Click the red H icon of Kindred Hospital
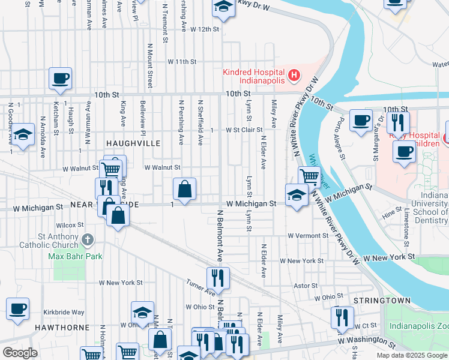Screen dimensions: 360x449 pyautogui.click(x=294, y=76)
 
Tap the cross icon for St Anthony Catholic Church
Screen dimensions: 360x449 pyautogui.click(x=88, y=241)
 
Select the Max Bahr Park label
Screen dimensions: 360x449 pyautogui.click(x=75, y=256)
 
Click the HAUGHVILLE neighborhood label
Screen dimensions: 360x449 pyautogui.click(x=133, y=143)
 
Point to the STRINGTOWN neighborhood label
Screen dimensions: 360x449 pyautogui.click(x=382, y=300)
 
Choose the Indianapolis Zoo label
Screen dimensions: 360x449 pyautogui.click(x=418, y=326)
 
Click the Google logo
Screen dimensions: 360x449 pyautogui.click(x=20, y=353)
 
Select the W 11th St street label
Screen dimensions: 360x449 pyautogui.click(x=182, y=62)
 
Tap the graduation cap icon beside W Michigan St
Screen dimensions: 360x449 pyautogui.click(x=296, y=196)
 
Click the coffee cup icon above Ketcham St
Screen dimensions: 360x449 pyautogui.click(x=60, y=79)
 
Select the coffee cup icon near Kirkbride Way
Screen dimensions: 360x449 pyautogui.click(x=17, y=309)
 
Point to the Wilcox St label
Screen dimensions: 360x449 pyautogui.click(x=70, y=225)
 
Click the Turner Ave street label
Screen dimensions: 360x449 pyautogui.click(x=200, y=288)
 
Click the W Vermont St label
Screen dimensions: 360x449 pyautogui.click(x=308, y=236)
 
